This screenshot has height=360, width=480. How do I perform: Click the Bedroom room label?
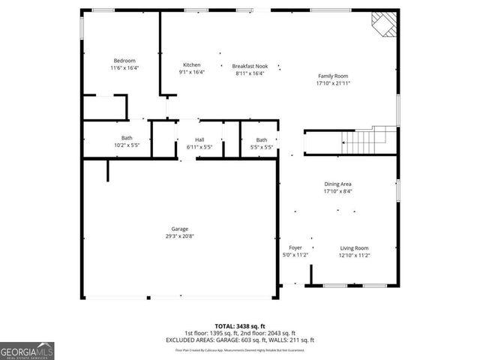click(x=124, y=61)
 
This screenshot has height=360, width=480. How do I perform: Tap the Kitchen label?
click(x=192, y=65)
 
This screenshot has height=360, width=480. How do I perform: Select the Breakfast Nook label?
click(x=248, y=65)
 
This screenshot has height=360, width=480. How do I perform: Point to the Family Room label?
click(x=334, y=76)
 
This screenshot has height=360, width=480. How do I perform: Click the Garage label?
click(x=179, y=229)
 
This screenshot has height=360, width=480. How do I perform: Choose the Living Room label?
click(x=355, y=247)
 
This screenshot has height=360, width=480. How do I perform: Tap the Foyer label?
click(x=295, y=247)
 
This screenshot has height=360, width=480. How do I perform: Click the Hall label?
click(x=199, y=139)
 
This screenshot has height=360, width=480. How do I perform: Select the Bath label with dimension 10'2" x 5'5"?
click(x=127, y=138)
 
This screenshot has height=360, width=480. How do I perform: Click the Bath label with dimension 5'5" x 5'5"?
click(x=261, y=139)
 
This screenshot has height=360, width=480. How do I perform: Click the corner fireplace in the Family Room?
click(x=382, y=24)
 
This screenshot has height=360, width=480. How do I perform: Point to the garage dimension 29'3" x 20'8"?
click(x=179, y=236)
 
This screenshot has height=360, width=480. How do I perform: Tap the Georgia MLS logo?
click(x=27, y=350)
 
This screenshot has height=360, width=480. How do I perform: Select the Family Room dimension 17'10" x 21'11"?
click(x=334, y=83)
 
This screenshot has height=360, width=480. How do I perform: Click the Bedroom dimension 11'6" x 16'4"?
click(x=124, y=68)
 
